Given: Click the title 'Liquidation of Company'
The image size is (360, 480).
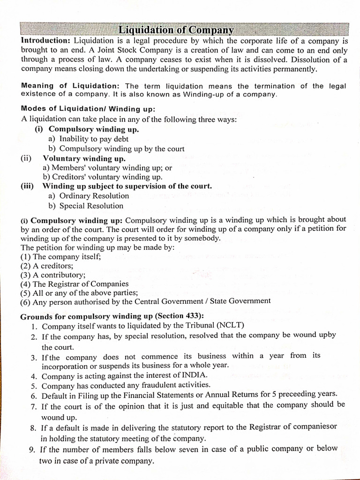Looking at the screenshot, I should [176, 30].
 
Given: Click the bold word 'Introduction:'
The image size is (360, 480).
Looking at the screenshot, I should [46, 41].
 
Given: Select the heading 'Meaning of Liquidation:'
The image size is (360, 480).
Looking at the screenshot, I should [70, 86].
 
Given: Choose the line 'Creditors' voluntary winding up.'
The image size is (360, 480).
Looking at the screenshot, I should [102, 177].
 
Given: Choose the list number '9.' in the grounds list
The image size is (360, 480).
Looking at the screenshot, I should [32, 450].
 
